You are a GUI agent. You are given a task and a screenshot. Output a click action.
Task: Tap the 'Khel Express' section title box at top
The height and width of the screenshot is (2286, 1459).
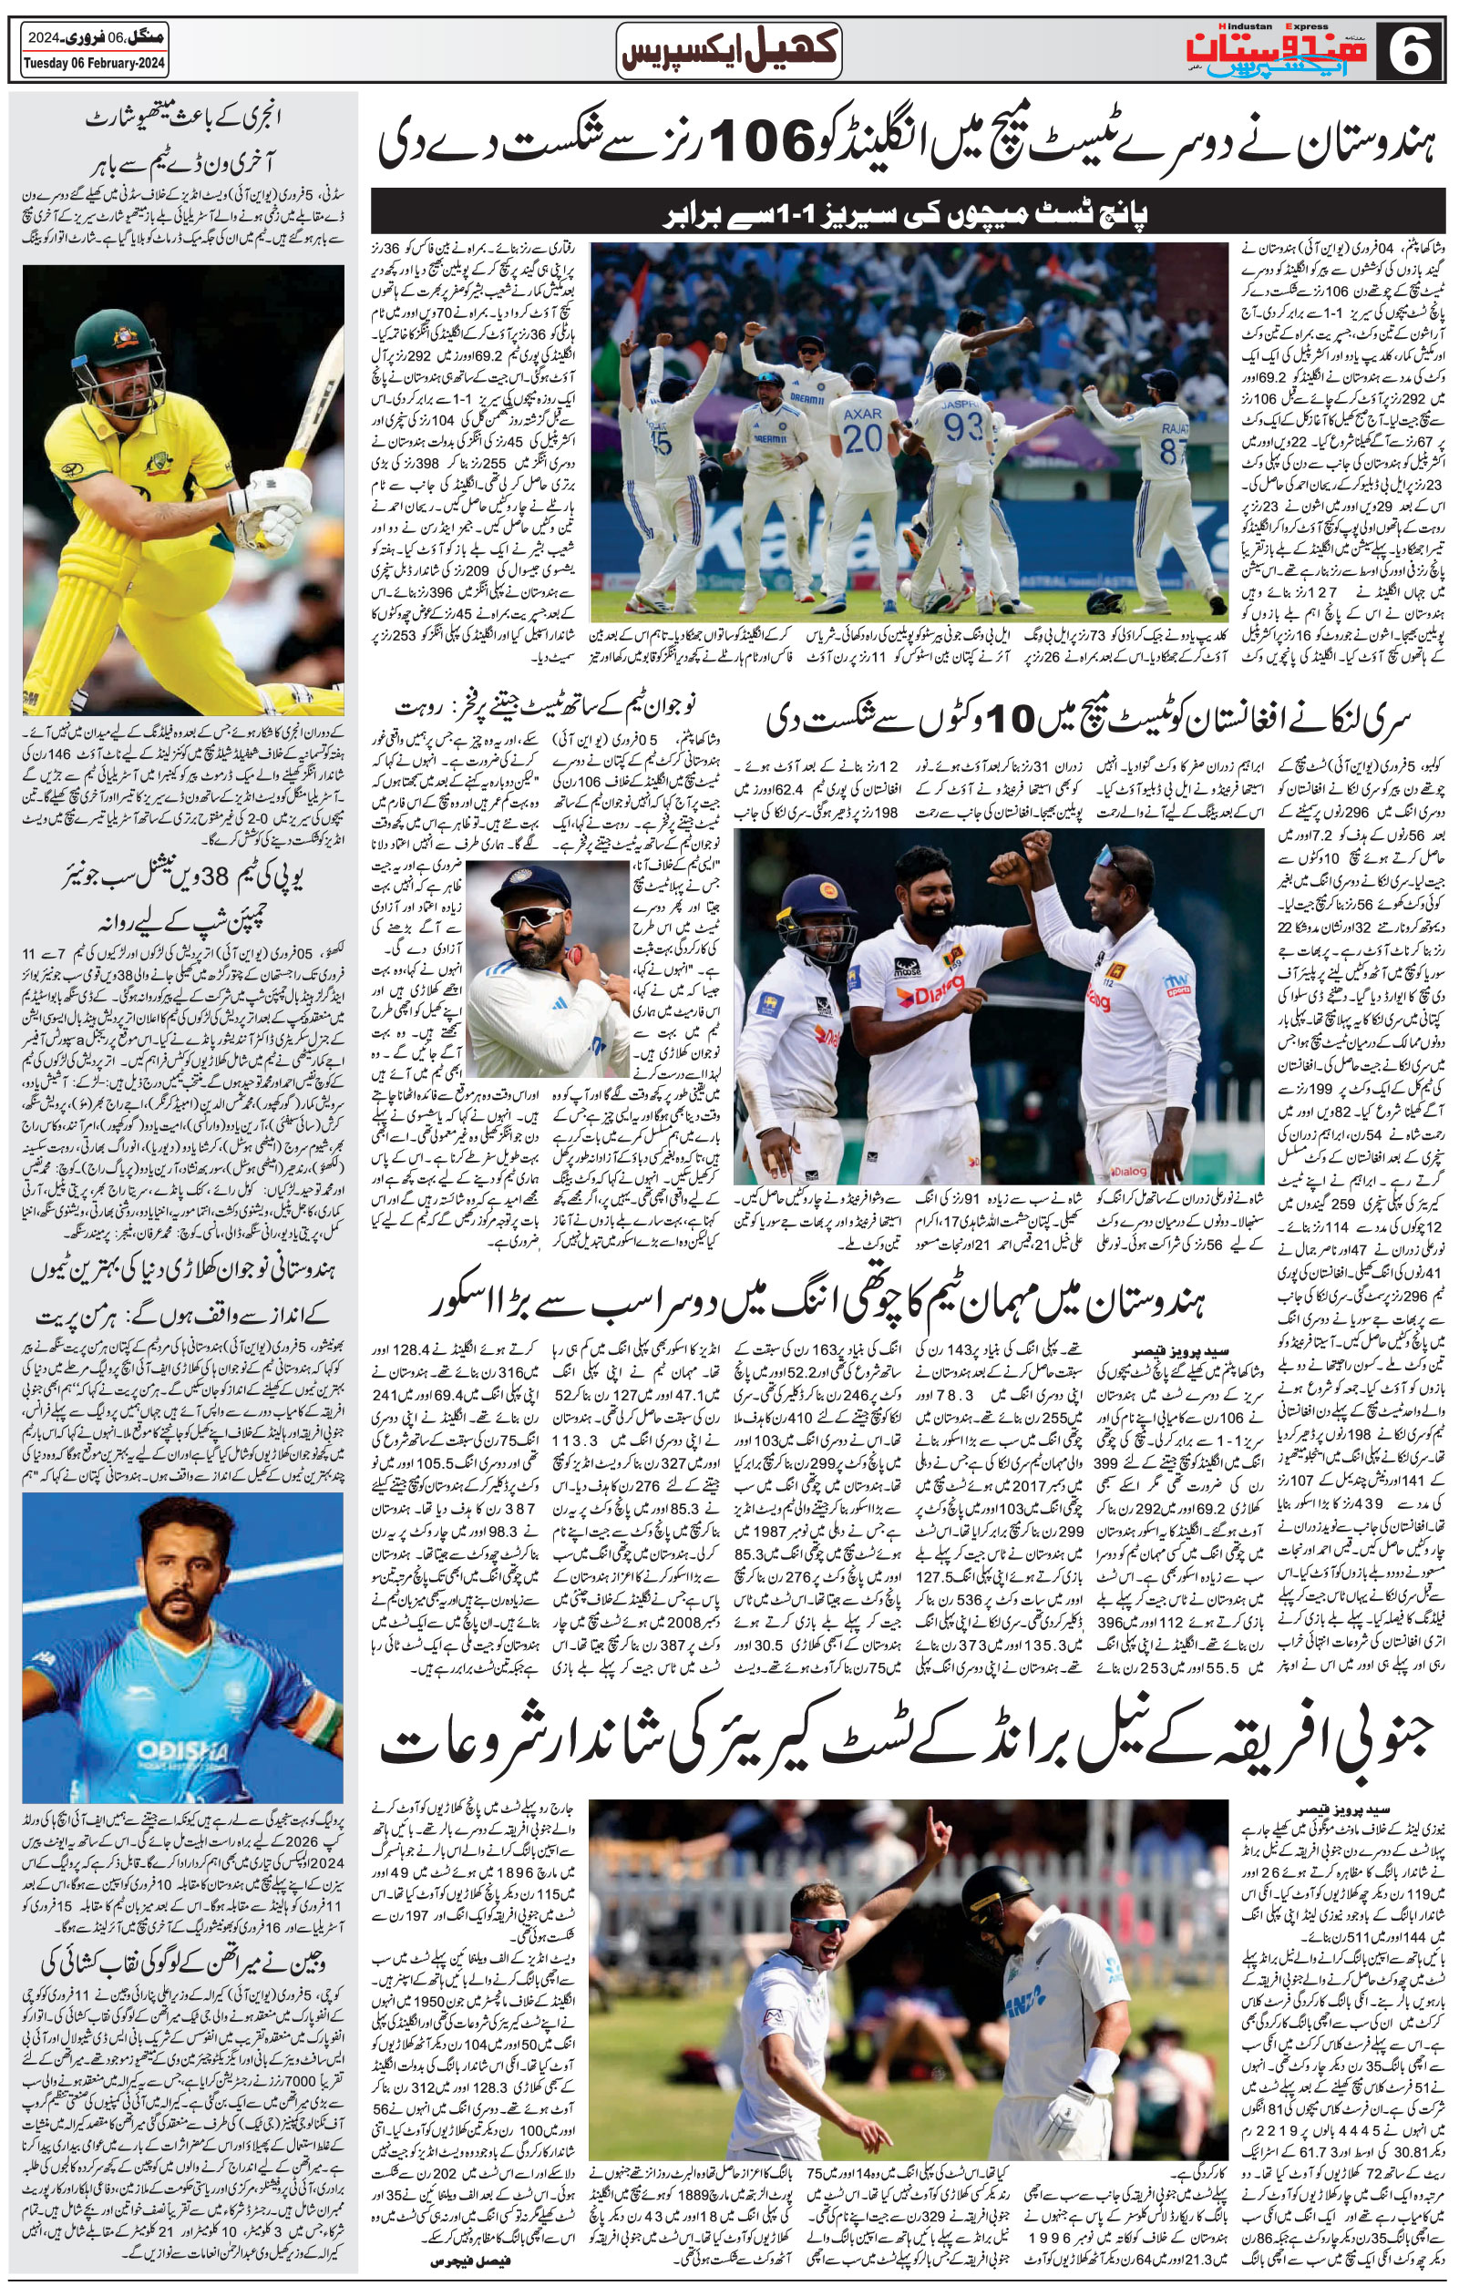(729, 50)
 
